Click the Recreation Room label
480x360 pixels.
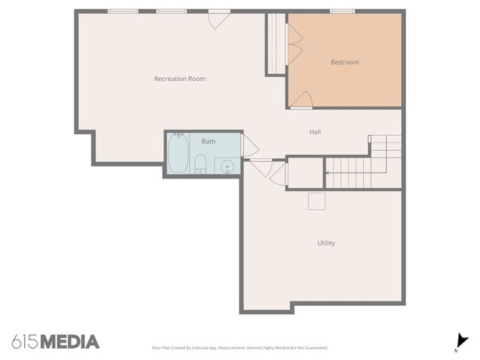point(180,79)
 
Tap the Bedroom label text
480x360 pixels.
point(344,62)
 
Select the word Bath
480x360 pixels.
point(208,141)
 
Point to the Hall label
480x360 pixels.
point(315,132)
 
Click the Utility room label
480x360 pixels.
point(325,243)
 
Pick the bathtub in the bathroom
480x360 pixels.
point(178,153)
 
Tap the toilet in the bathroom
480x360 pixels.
point(200,164)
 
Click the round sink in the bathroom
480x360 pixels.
point(227,166)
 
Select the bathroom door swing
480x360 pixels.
point(250,144)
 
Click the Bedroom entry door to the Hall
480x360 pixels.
point(302,99)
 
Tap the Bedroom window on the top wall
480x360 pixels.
point(342,11)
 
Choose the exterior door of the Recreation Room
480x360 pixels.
point(218,18)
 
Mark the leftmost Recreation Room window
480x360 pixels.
point(122,11)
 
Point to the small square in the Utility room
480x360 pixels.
point(316,201)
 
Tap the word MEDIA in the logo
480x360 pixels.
point(69,342)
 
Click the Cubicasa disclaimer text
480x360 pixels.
point(239,347)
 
